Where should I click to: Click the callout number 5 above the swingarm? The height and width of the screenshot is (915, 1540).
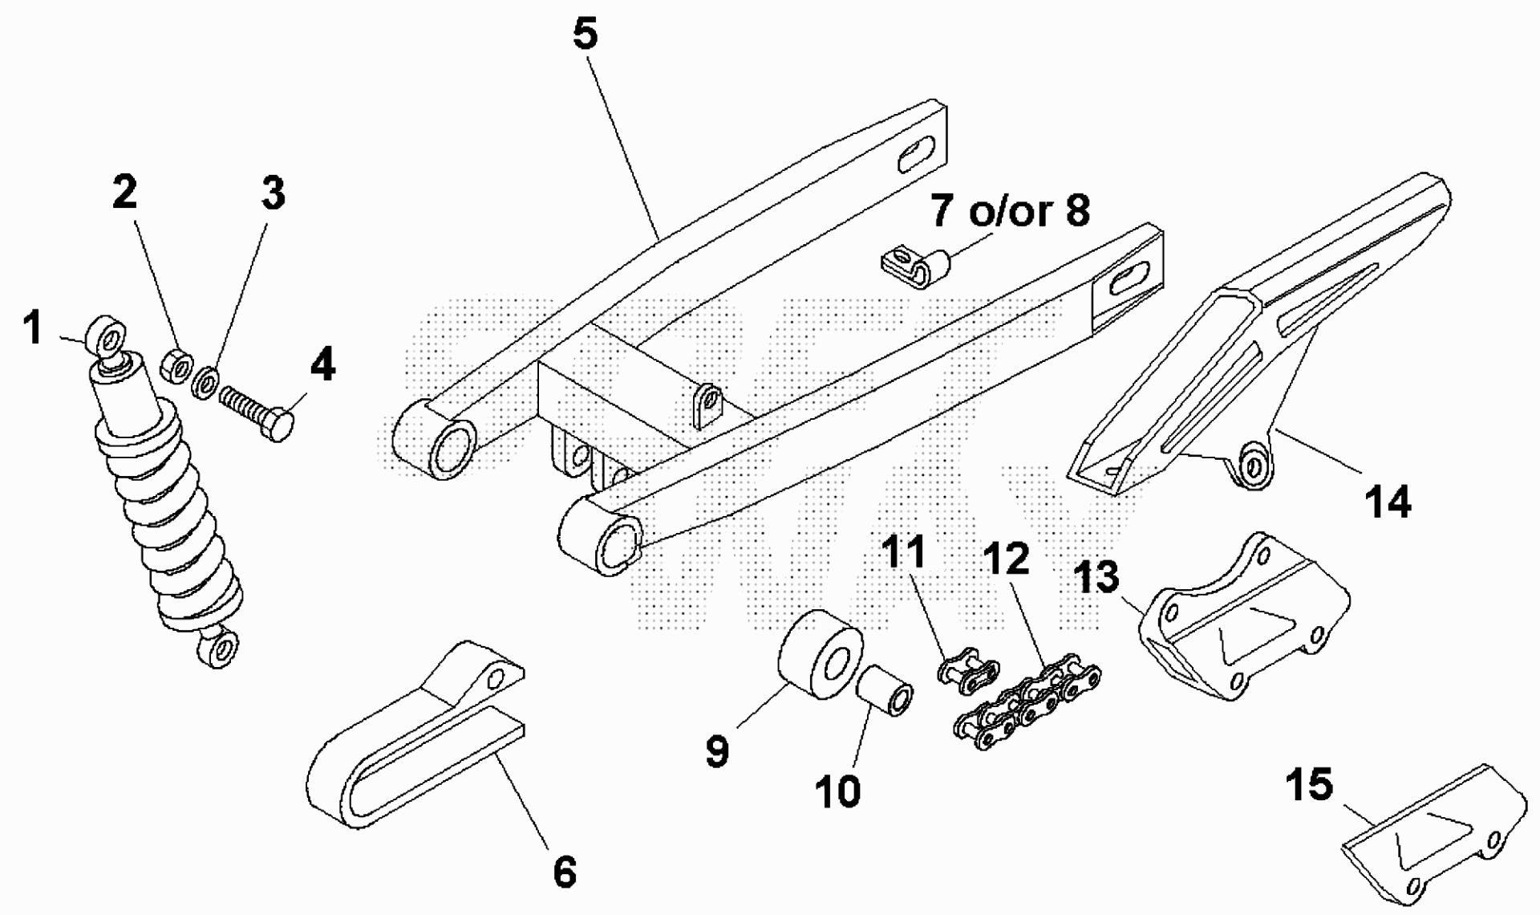[x=586, y=35]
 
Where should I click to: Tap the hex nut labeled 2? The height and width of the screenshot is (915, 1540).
[x=176, y=366]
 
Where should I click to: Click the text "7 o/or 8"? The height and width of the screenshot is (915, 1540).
[x=1010, y=210]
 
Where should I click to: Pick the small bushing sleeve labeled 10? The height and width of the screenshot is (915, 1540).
[x=886, y=693]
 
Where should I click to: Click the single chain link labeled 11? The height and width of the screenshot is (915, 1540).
[x=968, y=670]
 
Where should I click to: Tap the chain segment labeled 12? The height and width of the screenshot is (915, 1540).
[x=1027, y=700]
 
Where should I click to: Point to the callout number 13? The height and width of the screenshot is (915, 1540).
[x=1096, y=577]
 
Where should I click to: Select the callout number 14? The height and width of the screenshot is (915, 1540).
[x=1388, y=502]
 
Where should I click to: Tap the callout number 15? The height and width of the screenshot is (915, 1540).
[x=1309, y=784]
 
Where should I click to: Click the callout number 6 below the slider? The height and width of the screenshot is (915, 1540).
[x=565, y=872]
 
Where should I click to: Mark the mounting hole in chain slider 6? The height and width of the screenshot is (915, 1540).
[x=496, y=680]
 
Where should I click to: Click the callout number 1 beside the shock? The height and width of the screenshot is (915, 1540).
[x=33, y=328]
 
